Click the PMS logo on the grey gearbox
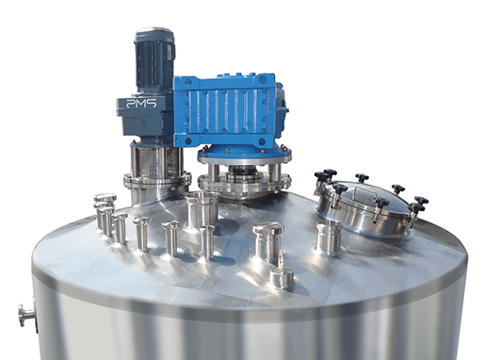(141, 103)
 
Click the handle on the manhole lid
(363, 194)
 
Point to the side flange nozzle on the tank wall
(27, 316)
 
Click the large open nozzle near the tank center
(202, 211)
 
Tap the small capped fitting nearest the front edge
(282, 277)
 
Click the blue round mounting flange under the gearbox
(244, 155)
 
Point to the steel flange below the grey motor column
(157, 181)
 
